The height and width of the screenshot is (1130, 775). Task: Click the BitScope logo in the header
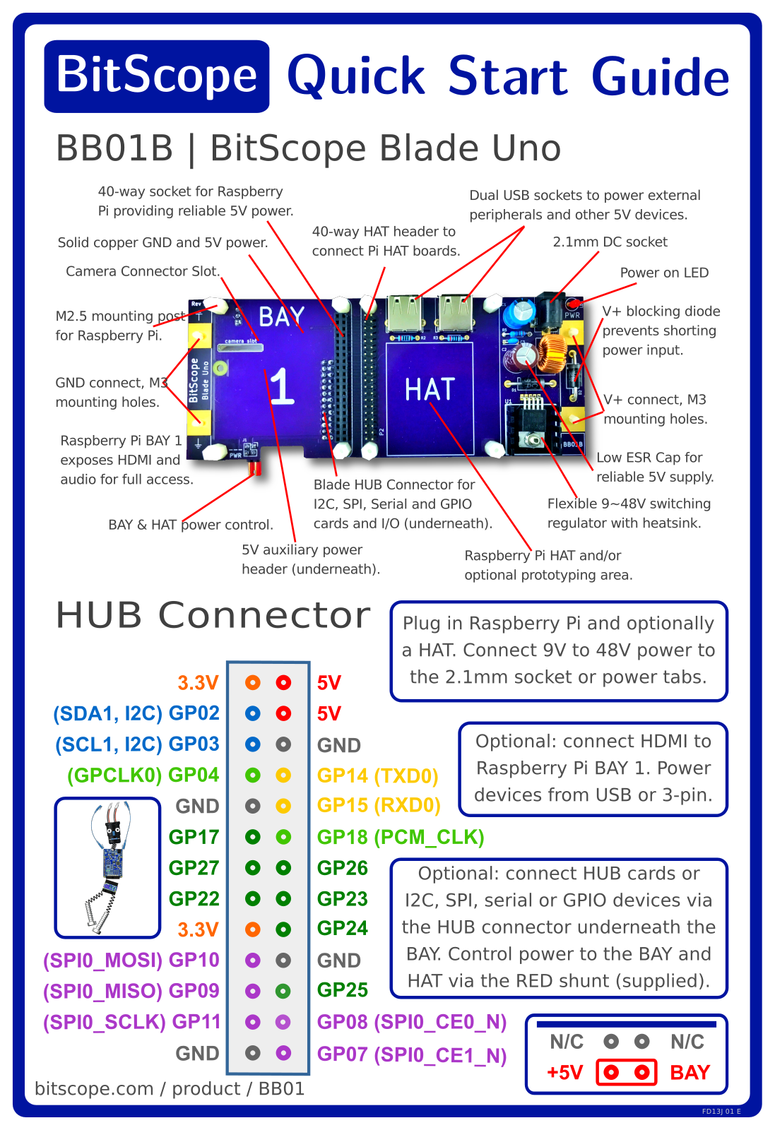(156, 76)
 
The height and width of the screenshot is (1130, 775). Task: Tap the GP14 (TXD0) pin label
(377, 776)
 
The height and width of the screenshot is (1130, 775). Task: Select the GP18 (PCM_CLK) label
(401, 838)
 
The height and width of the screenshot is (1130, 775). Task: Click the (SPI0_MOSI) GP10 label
(131, 961)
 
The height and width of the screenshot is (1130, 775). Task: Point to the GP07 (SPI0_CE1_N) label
(412, 1055)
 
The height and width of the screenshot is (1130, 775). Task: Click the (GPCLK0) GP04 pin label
(143, 775)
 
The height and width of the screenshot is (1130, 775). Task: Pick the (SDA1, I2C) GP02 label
(136, 713)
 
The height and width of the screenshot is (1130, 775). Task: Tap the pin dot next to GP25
(283, 992)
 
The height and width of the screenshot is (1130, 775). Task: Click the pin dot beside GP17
(253, 838)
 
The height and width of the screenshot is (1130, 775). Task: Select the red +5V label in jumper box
(565, 1073)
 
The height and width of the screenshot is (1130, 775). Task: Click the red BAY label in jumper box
(690, 1073)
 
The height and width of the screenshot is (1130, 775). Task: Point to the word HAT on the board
(430, 389)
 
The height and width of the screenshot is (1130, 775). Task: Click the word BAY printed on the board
(282, 317)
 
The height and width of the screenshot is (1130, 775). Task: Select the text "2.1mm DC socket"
(610, 242)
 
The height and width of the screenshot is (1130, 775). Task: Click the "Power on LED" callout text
(665, 273)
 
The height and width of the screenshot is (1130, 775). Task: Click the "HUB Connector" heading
(213, 615)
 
